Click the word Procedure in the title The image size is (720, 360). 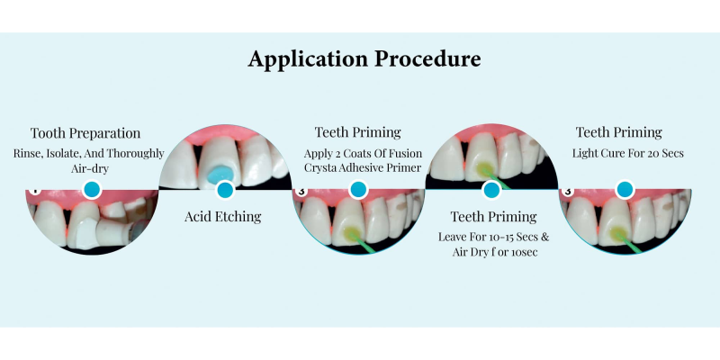(428, 58)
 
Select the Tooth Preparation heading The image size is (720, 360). (85, 133)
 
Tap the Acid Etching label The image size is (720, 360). (222, 217)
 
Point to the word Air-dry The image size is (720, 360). (89, 169)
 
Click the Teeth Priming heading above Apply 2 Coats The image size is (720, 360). (357, 132)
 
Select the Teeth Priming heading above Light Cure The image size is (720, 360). (619, 132)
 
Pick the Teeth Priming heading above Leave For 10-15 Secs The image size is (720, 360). (493, 217)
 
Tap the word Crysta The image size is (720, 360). (320, 168)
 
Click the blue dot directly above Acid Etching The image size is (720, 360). (225, 190)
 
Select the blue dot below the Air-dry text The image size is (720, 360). (92, 190)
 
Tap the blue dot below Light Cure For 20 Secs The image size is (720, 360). (625, 190)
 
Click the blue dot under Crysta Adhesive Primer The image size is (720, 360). (358, 190)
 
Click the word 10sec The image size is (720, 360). (524, 253)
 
